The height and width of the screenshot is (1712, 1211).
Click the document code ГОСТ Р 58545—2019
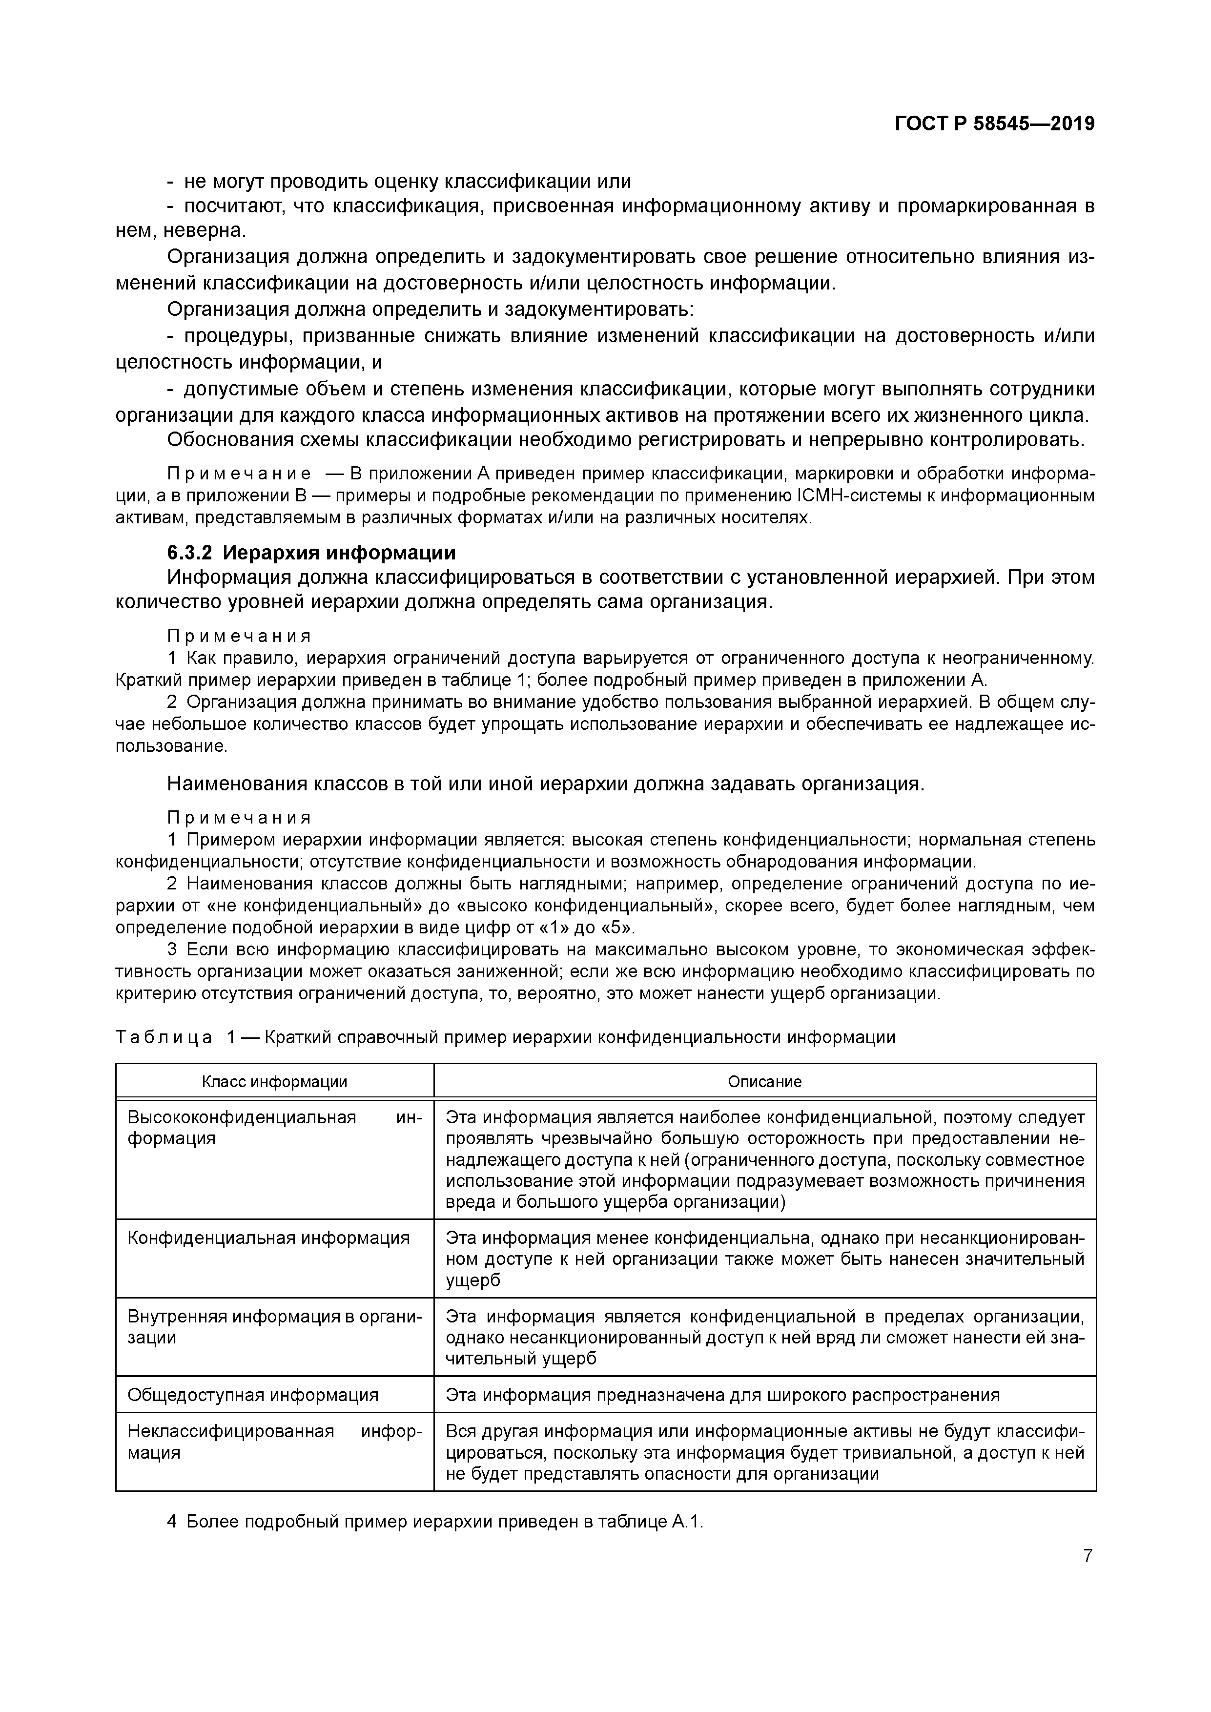(x=995, y=124)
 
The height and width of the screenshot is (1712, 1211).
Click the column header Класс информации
(x=274, y=1081)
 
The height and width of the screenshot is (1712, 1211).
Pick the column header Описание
(x=764, y=1081)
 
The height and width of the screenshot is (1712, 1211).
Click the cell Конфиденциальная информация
(x=268, y=1238)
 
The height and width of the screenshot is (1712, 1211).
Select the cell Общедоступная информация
(x=253, y=1395)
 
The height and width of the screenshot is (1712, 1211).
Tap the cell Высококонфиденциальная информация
(x=274, y=1127)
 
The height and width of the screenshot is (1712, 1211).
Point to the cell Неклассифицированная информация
(x=274, y=1442)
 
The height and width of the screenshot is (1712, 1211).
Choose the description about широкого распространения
(x=722, y=1395)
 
